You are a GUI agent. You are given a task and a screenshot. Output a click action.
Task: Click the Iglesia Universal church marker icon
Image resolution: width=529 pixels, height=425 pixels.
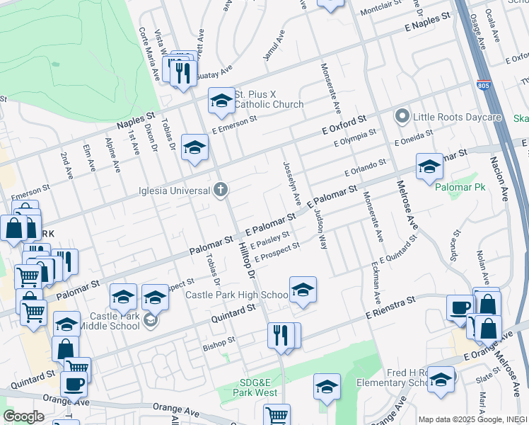[x=221, y=190]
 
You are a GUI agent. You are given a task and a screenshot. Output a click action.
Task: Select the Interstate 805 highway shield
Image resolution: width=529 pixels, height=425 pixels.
[x=484, y=85]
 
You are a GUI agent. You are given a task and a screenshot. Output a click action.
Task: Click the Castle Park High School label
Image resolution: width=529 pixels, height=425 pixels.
[x=236, y=295]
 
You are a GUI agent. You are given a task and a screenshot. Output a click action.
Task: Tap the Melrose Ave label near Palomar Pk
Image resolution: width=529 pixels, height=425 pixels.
[x=409, y=205]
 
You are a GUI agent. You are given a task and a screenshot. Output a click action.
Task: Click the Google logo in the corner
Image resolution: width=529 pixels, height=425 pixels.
[x=23, y=416]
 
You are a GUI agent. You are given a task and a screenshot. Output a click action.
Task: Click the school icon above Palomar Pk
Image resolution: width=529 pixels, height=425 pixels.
[x=429, y=166]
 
